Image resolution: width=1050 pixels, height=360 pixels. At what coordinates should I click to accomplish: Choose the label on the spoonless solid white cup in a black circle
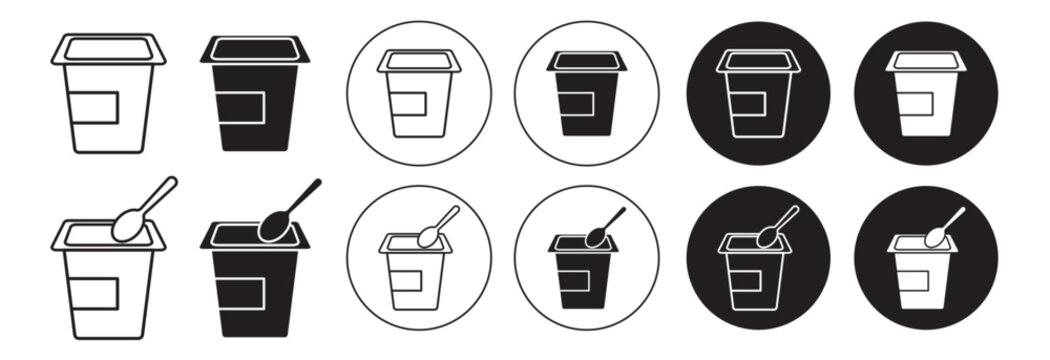pyautogui.click(x=918, y=103)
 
